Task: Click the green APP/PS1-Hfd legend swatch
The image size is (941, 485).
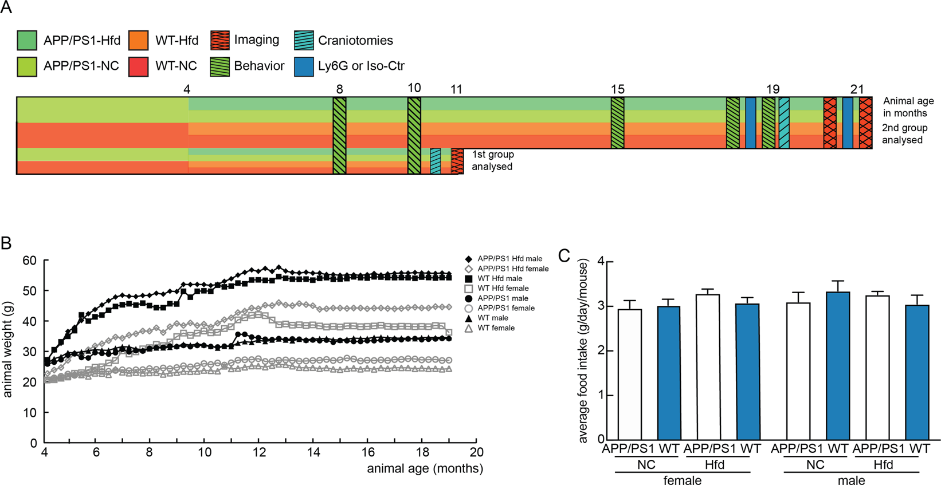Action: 27,40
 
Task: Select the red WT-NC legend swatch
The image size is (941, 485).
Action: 139,66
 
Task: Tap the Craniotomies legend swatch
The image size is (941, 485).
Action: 304,40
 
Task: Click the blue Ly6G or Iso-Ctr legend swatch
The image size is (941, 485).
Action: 304,66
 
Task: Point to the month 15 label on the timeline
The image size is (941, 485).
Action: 617,89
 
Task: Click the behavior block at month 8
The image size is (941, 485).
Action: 339,135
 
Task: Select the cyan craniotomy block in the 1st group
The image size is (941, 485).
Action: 436,161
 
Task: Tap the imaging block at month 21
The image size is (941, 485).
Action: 865,123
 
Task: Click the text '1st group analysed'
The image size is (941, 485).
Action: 492,160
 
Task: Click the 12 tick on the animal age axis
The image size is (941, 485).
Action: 259,452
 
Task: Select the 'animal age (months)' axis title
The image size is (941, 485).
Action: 425,468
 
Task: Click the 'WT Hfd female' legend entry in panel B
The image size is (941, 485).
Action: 503,288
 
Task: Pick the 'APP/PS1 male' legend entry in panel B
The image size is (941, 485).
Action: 503,298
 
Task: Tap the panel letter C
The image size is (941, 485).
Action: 564,256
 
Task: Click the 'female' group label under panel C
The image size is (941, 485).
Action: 683,480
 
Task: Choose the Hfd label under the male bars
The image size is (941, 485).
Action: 883,464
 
